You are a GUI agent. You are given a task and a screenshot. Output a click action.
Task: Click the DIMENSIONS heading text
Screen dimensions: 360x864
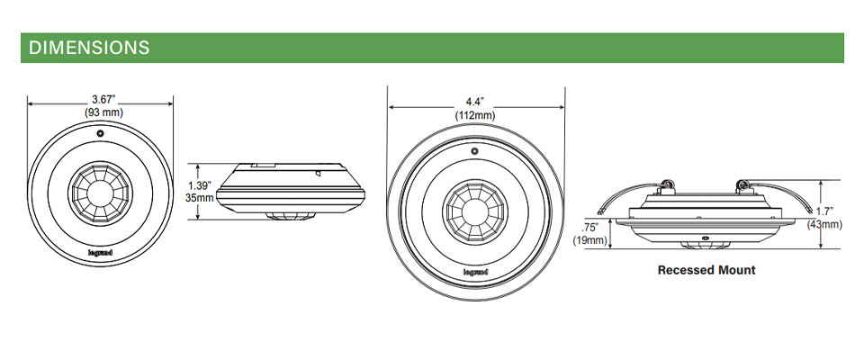(x=89, y=47)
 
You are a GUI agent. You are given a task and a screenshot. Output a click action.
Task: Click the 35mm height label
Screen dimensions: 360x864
(x=199, y=197)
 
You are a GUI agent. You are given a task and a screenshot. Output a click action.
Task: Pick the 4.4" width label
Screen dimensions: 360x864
(x=475, y=102)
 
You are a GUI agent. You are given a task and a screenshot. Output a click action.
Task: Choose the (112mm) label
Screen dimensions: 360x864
(x=475, y=115)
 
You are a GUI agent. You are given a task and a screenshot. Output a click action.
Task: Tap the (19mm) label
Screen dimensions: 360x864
(x=589, y=240)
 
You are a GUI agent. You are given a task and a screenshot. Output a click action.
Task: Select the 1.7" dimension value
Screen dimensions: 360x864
(x=824, y=211)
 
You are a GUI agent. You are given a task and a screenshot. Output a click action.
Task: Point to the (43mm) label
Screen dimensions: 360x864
(x=824, y=224)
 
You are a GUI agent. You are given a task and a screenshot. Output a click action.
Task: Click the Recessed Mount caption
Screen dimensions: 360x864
(x=706, y=270)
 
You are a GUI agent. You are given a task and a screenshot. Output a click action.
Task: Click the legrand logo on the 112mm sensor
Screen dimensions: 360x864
(x=475, y=268)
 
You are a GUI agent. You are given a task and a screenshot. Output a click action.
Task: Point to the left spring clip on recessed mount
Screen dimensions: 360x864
(x=668, y=186)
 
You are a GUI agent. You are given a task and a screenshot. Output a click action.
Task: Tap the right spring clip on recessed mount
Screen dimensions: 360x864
(x=743, y=186)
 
